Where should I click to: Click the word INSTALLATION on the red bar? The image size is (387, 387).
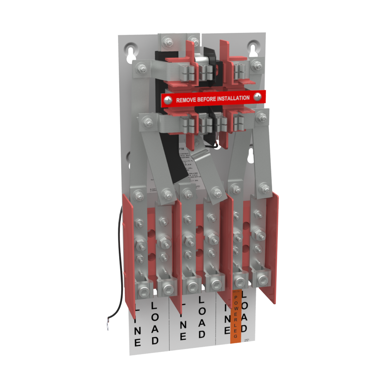pos(233,98)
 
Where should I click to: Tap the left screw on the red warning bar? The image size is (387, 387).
pos(167,100)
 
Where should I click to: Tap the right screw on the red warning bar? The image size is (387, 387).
pos(256,97)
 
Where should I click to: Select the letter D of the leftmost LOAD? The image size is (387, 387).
pos(155,341)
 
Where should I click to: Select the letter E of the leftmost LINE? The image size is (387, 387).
pos(138,342)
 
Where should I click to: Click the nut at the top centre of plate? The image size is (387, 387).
pos(168,39)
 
